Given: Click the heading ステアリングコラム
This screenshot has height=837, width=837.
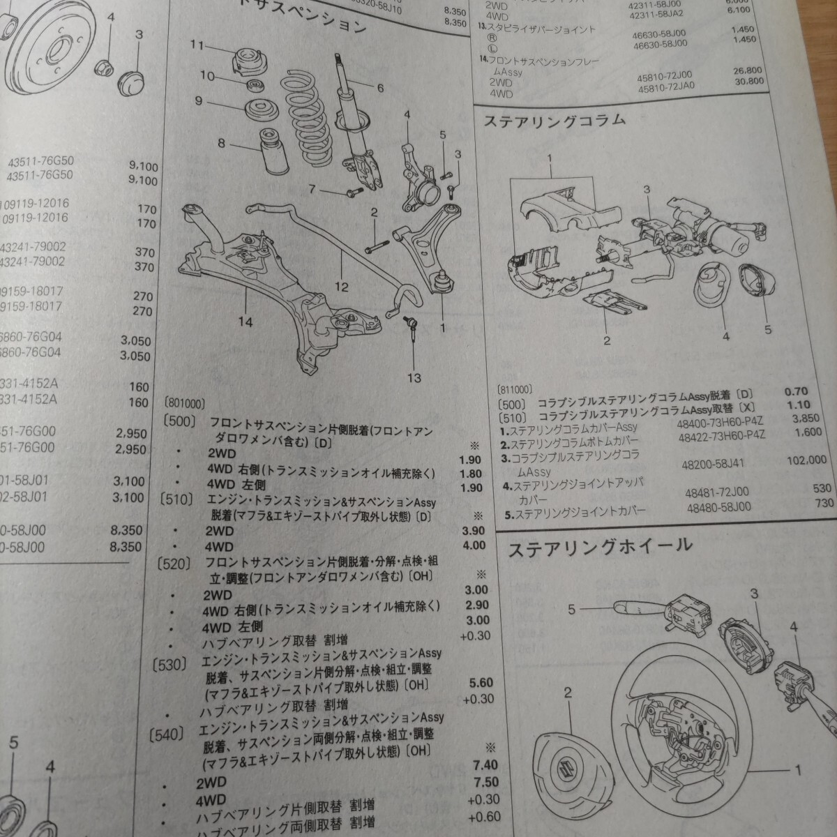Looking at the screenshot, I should [555, 122].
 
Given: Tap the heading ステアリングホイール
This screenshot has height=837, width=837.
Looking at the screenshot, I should [600, 547].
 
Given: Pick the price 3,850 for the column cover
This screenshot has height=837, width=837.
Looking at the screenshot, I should [808, 420].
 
